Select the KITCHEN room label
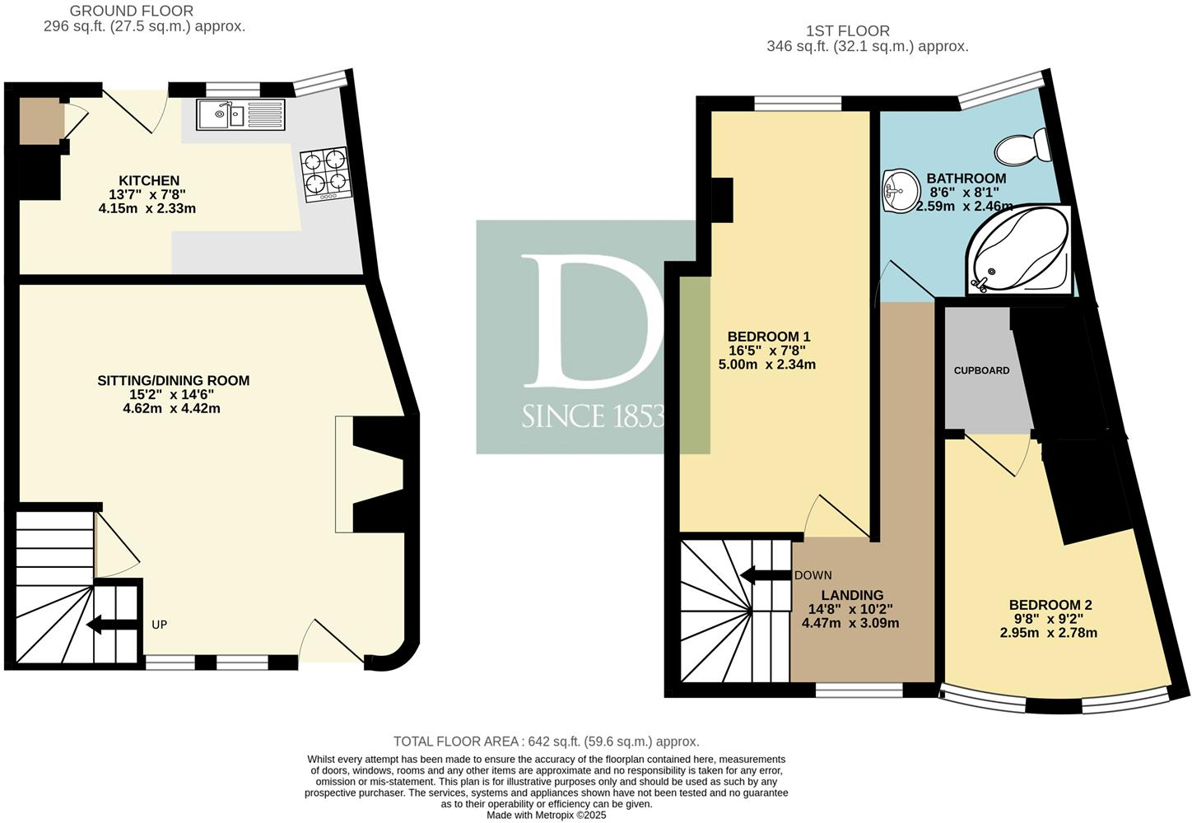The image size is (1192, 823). (x=149, y=181)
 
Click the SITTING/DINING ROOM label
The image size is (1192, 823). (x=173, y=380)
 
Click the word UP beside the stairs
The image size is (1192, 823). (x=159, y=625)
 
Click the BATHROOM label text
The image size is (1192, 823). (x=966, y=179)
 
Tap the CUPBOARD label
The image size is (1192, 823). (x=981, y=370)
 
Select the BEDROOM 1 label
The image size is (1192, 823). (x=768, y=337)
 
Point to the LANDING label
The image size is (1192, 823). (x=851, y=595)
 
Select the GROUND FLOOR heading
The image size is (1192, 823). (x=132, y=11)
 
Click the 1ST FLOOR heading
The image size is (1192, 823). (x=847, y=31)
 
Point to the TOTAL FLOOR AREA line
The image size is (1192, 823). (x=546, y=742)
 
